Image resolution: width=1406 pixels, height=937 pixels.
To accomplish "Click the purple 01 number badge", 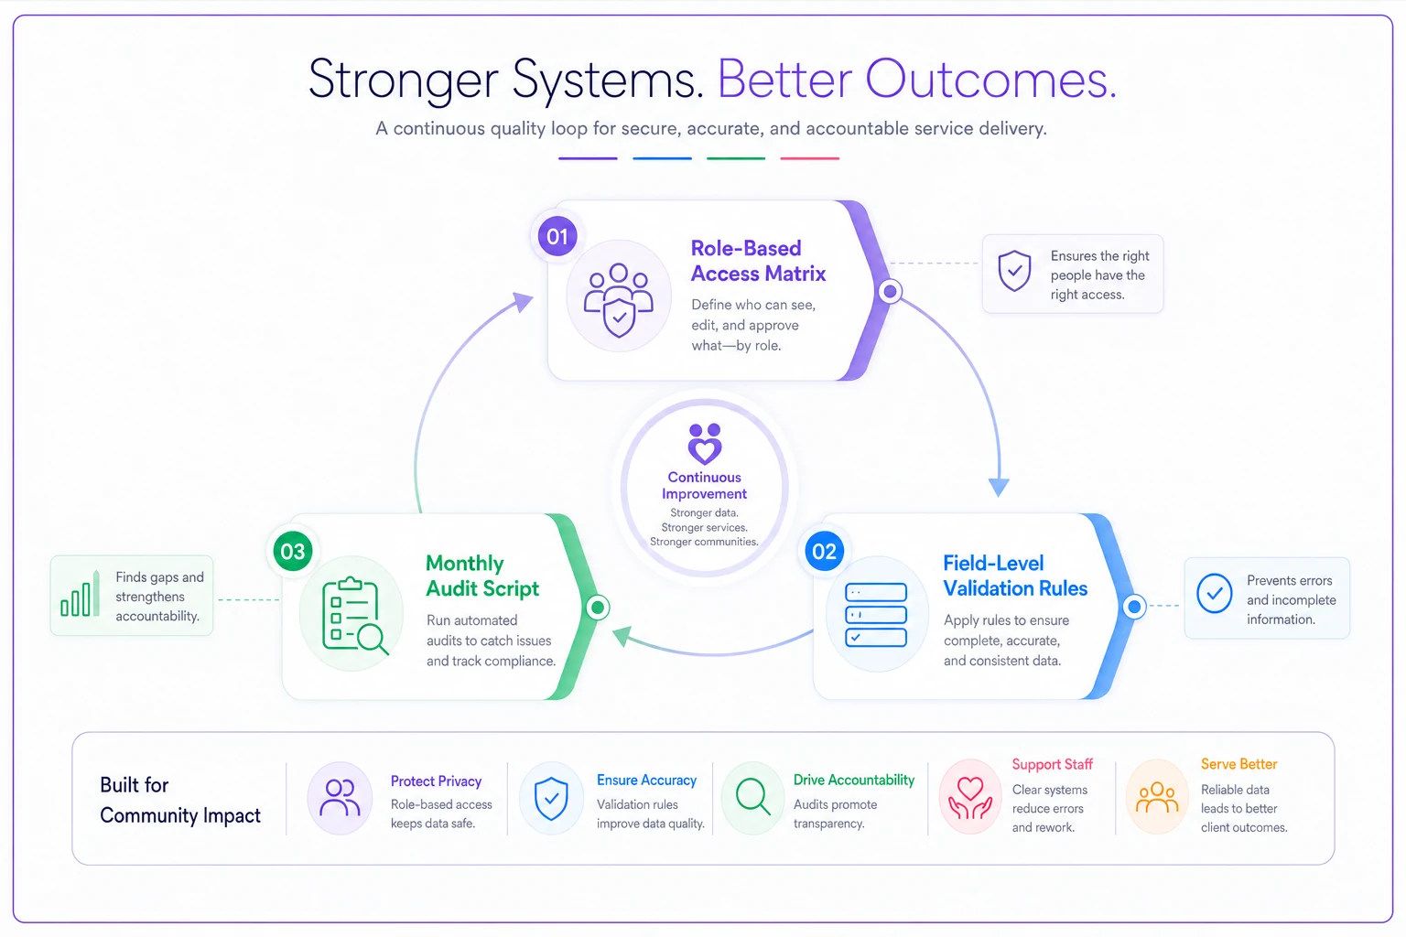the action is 557,236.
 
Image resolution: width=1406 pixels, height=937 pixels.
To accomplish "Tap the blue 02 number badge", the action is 824,551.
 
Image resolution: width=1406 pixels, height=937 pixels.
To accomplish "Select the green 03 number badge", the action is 293,551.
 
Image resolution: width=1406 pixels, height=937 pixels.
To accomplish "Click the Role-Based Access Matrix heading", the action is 758,261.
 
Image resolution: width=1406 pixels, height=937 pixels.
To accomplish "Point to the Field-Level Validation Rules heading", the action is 1015,576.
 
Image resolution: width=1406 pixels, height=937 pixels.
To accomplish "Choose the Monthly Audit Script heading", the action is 482,576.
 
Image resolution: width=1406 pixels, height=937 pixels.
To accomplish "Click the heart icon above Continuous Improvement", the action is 704,443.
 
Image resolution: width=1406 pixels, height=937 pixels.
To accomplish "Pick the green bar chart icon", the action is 80,594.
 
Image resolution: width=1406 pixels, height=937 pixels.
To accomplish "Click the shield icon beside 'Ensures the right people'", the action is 1014,271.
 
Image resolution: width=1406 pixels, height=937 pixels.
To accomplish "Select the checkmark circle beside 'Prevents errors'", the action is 1214,593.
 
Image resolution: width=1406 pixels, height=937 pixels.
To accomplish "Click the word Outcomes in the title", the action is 991,79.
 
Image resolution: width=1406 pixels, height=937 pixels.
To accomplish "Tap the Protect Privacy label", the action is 436,781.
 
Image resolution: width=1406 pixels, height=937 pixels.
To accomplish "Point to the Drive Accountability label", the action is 854,780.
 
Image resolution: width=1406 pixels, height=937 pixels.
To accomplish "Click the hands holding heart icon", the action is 969,797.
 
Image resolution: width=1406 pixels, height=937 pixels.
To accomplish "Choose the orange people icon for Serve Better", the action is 1157,797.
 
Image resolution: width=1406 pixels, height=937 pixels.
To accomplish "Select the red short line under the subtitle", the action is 810,158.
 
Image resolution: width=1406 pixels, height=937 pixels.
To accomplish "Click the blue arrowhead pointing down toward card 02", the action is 999,487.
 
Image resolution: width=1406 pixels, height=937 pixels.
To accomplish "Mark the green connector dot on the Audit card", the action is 598,607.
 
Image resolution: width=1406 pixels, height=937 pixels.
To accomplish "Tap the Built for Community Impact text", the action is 180,800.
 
